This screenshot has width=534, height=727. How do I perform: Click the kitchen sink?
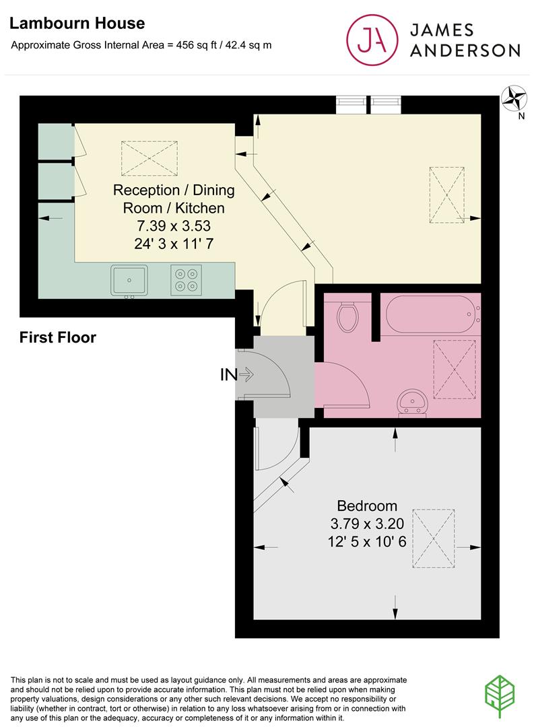[129, 281]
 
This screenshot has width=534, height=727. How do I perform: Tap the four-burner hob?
[186, 280]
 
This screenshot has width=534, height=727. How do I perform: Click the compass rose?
[514, 98]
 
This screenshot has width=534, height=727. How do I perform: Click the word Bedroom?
[367, 506]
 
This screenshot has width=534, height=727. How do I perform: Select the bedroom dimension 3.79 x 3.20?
[367, 524]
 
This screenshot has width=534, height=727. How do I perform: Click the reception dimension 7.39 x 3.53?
[174, 226]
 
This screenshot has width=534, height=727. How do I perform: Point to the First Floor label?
[57, 337]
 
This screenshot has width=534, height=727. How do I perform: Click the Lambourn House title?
[77, 23]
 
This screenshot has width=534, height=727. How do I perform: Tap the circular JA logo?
[372, 40]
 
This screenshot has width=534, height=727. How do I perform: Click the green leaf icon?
[500, 697]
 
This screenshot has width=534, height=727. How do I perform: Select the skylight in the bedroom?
[433, 539]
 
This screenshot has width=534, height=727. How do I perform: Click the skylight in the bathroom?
[455, 370]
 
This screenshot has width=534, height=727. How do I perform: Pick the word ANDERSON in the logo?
[465, 50]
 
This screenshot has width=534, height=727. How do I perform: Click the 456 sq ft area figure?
[197, 45]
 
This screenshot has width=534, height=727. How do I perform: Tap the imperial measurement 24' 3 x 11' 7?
[174, 244]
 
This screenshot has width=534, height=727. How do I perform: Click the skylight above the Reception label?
[149, 159]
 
